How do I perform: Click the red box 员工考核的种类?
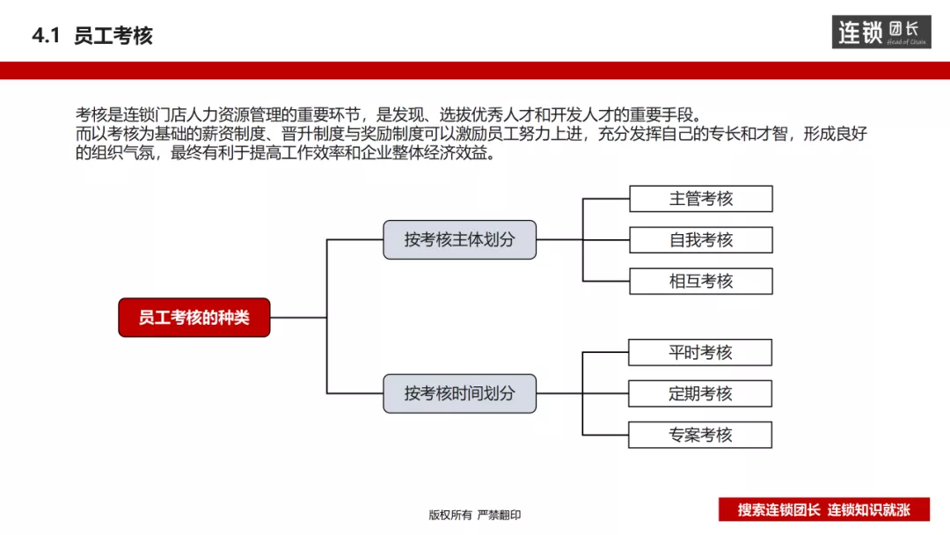(x=194, y=318)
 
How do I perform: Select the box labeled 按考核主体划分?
(x=459, y=239)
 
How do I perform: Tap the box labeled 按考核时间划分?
(x=459, y=393)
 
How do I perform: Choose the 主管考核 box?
(x=700, y=199)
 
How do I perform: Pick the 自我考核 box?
(x=700, y=240)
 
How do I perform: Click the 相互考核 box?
(x=700, y=282)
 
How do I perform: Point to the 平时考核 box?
(x=699, y=353)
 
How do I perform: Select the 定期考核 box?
(x=699, y=393)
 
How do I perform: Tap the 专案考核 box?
(x=699, y=435)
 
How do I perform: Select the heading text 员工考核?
(x=113, y=36)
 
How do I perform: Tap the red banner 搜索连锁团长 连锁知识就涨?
(x=823, y=509)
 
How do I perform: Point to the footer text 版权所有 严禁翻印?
(x=475, y=515)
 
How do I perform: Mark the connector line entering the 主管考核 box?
(x=606, y=199)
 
